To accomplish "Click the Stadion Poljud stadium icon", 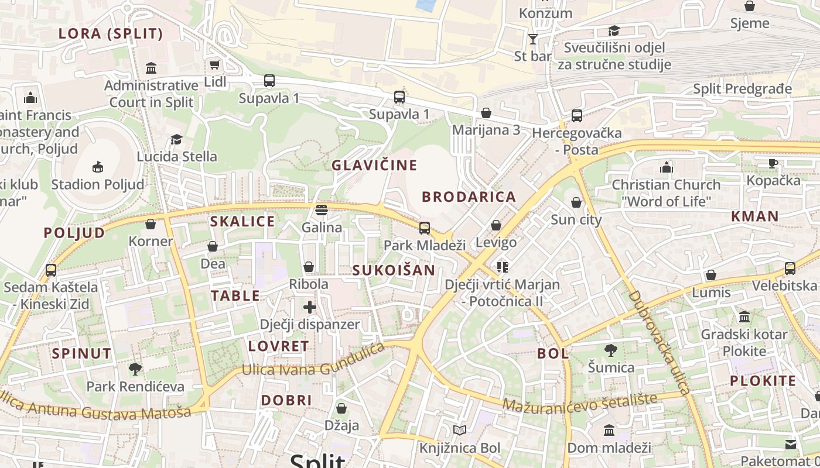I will [x=97, y=167].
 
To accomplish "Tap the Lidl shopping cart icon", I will [x=215, y=64].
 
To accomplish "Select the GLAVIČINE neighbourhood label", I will [x=375, y=166].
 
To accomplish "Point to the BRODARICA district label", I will [x=469, y=197].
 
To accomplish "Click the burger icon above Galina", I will [x=321, y=209].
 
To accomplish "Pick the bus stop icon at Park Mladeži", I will [x=425, y=228].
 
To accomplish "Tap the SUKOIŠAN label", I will [x=394, y=270].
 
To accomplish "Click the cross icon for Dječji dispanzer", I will [x=310, y=307].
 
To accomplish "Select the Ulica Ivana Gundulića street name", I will [x=314, y=363].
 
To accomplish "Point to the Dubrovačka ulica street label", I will [x=660, y=341].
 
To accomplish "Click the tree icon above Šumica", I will [x=611, y=350].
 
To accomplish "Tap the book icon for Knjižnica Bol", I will [x=460, y=431].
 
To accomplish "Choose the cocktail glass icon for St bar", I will [x=533, y=39].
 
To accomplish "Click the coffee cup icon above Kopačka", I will [x=773, y=163].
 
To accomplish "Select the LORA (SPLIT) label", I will [x=111, y=34].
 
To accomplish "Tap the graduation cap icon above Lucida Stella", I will [x=176, y=139].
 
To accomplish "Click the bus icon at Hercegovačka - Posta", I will [x=577, y=116].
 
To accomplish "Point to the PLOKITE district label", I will [x=763, y=381].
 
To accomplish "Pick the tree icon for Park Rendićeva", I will [x=135, y=369].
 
